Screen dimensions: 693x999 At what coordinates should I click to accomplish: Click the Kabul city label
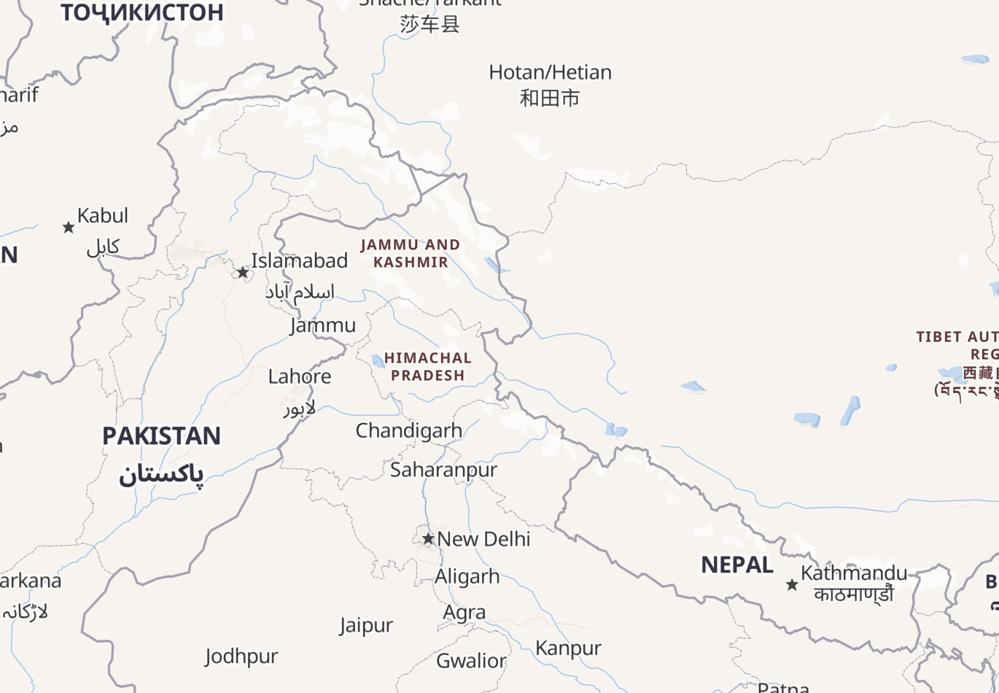coord(103,216)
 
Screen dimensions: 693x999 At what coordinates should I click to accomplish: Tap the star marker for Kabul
coord(69,228)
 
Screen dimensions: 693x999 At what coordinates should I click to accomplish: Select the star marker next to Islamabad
coord(243,273)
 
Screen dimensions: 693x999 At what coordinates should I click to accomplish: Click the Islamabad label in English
coord(299,260)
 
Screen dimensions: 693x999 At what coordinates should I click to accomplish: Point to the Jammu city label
coord(323,325)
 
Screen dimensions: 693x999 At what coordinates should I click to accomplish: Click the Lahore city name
coord(300,376)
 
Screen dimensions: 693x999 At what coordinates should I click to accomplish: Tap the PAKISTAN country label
coord(161,436)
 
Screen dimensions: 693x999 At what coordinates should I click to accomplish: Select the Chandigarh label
coord(408,430)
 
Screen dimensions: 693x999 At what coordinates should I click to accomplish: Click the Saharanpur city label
coord(443,470)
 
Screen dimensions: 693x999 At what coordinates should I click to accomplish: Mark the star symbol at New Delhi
coord(428,539)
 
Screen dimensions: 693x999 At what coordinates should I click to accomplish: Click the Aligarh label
coord(467,576)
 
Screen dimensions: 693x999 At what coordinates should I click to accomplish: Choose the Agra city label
coord(464,613)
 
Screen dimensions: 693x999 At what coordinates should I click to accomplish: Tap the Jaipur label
coord(366,626)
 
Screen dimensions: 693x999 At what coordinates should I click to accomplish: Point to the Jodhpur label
coord(241,657)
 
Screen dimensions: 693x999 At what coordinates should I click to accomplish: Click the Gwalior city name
coord(471,661)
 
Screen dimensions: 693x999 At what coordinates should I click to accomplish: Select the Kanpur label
coord(569,648)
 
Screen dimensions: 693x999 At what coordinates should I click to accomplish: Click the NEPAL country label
coord(737,565)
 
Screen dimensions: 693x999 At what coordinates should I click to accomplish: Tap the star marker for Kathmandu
coord(792,584)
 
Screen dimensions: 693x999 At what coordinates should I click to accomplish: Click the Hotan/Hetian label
coord(550,73)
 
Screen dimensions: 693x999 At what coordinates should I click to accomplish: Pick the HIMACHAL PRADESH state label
coord(428,367)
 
